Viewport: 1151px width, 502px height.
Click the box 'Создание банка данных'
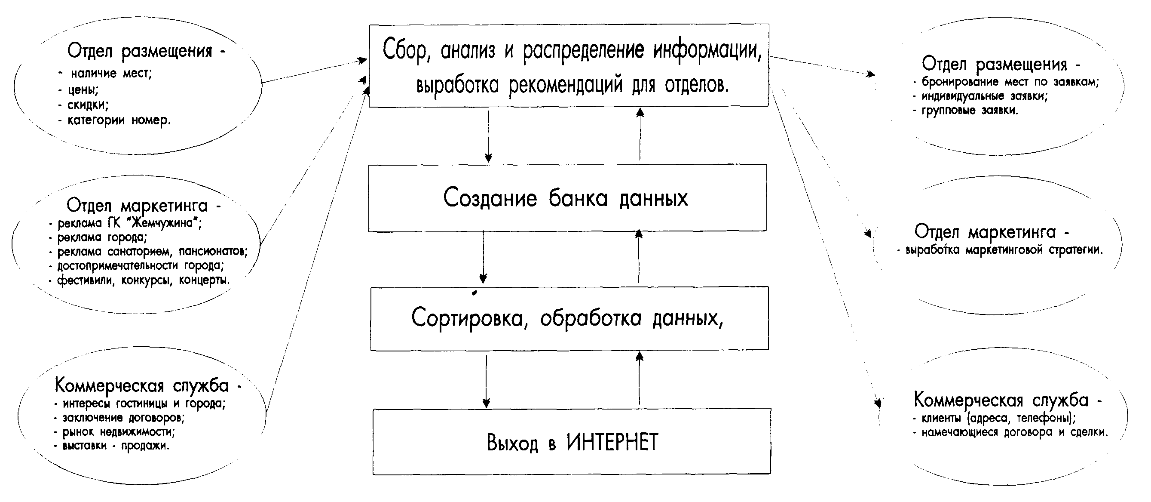coord(567,197)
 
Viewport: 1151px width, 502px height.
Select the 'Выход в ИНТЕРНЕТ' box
coord(572,441)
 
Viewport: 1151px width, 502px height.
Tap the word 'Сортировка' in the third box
coord(467,319)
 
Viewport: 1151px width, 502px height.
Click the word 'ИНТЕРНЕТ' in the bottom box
coord(612,442)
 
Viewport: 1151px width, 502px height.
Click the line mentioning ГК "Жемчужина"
coord(126,223)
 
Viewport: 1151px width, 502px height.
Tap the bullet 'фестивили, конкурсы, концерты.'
coord(139,280)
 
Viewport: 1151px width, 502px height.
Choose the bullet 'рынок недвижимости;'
coord(114,431)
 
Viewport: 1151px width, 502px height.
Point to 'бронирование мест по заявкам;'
coord(1006,82)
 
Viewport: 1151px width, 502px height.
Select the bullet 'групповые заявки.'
coord(966,110)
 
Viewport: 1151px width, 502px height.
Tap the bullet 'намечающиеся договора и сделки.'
coord(1010,432)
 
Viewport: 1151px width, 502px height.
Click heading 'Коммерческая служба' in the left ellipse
coord(142,385)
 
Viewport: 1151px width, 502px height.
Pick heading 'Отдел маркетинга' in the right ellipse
coord(985,232)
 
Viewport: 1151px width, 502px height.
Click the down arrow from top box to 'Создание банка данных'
coord(488,136)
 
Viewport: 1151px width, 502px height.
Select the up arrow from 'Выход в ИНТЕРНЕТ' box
coord(640,378)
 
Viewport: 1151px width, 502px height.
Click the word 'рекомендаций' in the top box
coord(566,85)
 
